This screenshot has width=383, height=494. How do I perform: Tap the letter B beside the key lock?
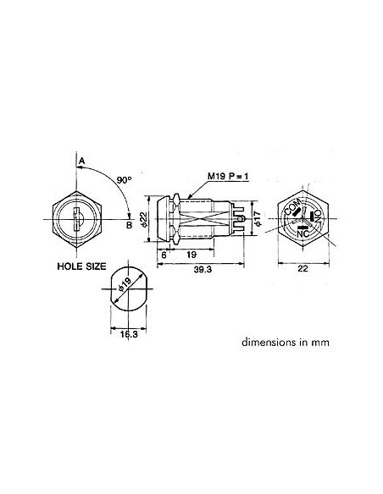(129, 224)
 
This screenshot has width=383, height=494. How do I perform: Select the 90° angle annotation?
(123, 180)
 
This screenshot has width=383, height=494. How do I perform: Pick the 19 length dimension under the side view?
(191, 254)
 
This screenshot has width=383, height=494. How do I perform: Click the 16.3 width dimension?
(125, 334)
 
